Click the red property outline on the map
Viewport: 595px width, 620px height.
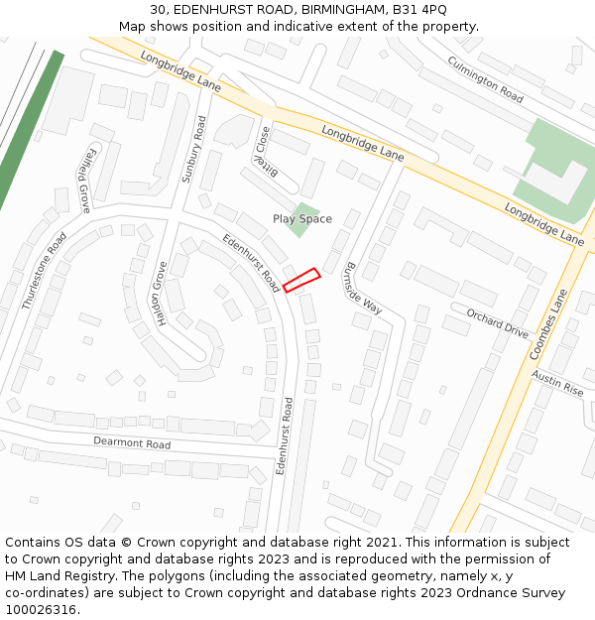300,281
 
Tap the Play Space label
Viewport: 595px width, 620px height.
302,219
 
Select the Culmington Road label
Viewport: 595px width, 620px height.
485,79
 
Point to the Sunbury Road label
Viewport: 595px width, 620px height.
193,149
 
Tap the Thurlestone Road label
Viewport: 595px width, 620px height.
45,272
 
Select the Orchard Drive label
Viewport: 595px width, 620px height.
498,324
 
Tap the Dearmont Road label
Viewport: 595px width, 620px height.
132,442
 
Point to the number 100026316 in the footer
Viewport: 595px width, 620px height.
41,610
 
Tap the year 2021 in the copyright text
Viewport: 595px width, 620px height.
382,543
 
